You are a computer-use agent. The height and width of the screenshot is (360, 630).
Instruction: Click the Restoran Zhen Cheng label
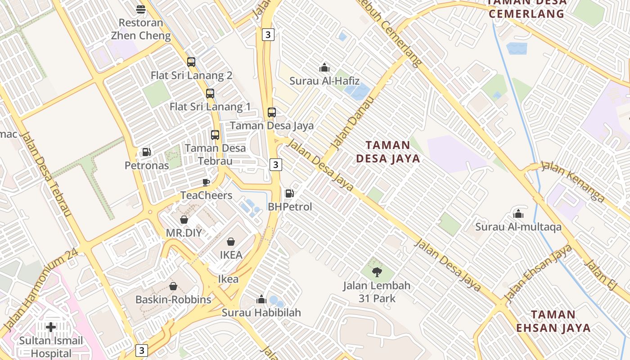coord(141,29)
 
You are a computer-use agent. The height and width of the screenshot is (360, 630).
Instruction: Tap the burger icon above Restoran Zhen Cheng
coord(141,9)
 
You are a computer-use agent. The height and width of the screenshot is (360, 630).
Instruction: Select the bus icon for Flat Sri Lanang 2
coord(191,62)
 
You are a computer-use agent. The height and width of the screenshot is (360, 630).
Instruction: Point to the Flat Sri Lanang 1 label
coord(210,107)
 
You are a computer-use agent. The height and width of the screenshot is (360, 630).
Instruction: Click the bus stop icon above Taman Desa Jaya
coord(272,112)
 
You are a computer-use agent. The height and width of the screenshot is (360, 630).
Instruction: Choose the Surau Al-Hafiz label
coord(324,81)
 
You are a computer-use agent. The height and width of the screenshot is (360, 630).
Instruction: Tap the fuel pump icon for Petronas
coord(146,152)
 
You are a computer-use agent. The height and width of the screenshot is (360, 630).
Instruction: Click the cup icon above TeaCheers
coord(206,182)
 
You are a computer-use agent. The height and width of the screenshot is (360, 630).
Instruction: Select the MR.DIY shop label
coord(184,233)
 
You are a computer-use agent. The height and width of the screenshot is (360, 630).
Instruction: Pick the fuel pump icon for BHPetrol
coord(290,193)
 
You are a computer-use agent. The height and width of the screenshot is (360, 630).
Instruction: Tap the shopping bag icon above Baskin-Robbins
coord(173,286)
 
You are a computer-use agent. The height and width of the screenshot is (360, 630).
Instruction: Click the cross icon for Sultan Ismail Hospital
coord(51,327)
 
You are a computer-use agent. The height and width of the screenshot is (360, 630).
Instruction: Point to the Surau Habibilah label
coord(261,312)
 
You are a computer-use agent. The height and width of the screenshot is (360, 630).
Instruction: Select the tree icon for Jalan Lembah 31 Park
coord(377,271)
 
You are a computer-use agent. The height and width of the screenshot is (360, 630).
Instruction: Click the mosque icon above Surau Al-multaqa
coord(518,214)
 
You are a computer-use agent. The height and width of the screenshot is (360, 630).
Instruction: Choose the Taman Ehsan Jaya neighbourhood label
coord(553,321)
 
